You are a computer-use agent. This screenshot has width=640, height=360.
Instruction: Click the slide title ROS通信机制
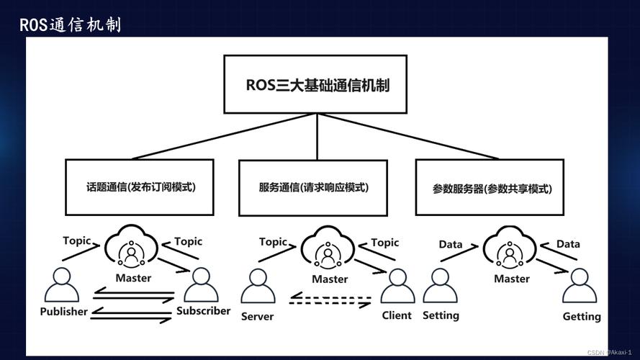71,25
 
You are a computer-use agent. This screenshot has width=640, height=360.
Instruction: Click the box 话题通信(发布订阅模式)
140,187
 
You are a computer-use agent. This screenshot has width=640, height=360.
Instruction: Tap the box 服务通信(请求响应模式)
313,187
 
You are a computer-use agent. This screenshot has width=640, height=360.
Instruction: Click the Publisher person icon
62,285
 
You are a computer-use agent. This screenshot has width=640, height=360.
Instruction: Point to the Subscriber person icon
202,285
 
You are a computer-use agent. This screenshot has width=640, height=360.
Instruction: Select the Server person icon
258,286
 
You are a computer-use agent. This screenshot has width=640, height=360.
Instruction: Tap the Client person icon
397,286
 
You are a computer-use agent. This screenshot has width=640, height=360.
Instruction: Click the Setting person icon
440,286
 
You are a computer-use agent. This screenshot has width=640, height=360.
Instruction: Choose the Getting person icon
580,286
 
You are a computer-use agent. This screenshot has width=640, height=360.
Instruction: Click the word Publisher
63,312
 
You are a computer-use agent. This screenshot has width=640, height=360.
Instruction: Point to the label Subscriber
203,311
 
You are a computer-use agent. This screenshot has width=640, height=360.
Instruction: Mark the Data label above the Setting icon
451,244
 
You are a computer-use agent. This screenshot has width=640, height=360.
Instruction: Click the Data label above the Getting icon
568,244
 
